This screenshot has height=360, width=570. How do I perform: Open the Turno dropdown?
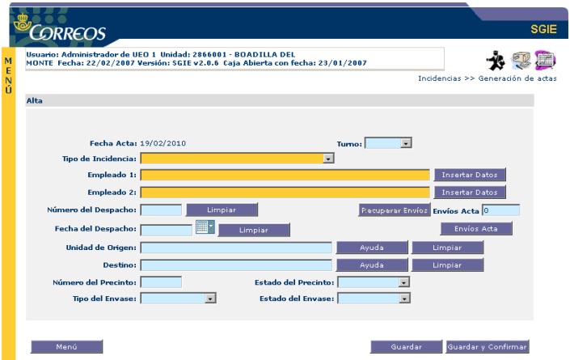pyautogui.click(x=389, y=143)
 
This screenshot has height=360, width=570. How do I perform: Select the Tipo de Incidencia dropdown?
pyautogui.click(x=237, y=159)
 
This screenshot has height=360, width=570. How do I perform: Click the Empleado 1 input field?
pyautogui.click(x=285, y=174)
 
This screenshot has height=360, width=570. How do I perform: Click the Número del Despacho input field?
pyautogui.click(x=161, y=210)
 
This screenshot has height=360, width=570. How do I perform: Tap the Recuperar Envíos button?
pyautogui.click(x=393, y=210)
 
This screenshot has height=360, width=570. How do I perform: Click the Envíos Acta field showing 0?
pyautogui.click(x=500, y=210)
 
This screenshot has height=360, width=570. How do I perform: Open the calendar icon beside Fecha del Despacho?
pyautogui.click(x=205, y=227)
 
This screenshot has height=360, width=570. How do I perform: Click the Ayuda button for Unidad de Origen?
pyautogui.click(x=371, y=248)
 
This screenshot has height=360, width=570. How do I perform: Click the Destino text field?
pyautogui.click(x=236, y=265)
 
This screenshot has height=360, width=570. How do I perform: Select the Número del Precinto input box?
pyautogui.click(x=161, y=282)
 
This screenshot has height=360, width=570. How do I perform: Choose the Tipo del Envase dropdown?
pyautogui.click(x=179, y=299)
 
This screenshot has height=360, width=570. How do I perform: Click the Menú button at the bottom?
pyautogui.click(x=66, y=346)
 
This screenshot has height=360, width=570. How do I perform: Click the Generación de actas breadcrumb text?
pyautogui.click(x=517, y=78)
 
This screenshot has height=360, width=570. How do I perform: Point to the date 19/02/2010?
pyautogui.click(x=163, y=143)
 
